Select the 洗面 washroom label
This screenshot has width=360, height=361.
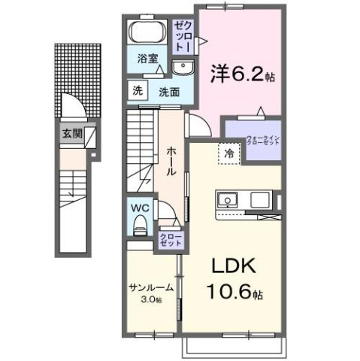click(168, 91)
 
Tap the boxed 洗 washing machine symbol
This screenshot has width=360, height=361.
click(137, 90)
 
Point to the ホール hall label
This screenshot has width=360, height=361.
click(171, 159)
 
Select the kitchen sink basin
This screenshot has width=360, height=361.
click(228, 200)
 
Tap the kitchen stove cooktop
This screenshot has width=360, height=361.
click(259, 200)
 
